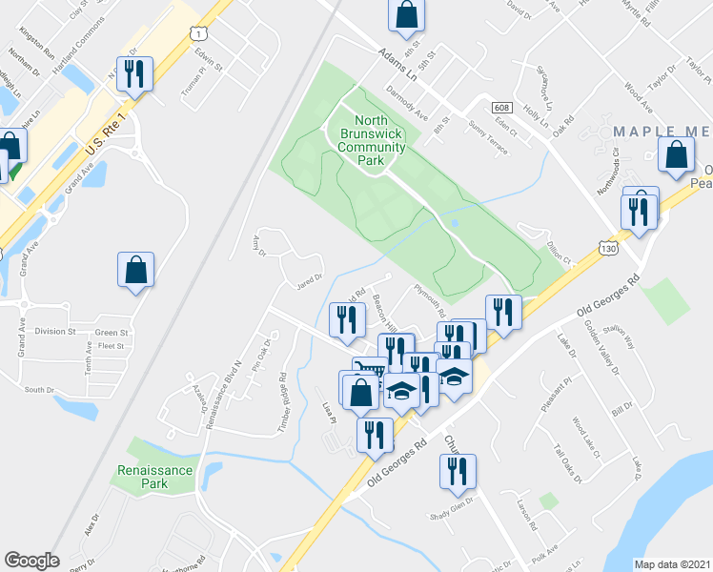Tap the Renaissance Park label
click(154, 477)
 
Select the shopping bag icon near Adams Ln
click(405, 15)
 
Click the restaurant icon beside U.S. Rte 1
click(136, 74)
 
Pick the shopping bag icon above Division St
click(136, 270)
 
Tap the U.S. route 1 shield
click(197, 33)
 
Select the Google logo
click(31, 561)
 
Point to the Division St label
click(55, 332)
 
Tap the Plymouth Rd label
click(429, 300)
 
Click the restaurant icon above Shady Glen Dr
click(458, 470)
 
